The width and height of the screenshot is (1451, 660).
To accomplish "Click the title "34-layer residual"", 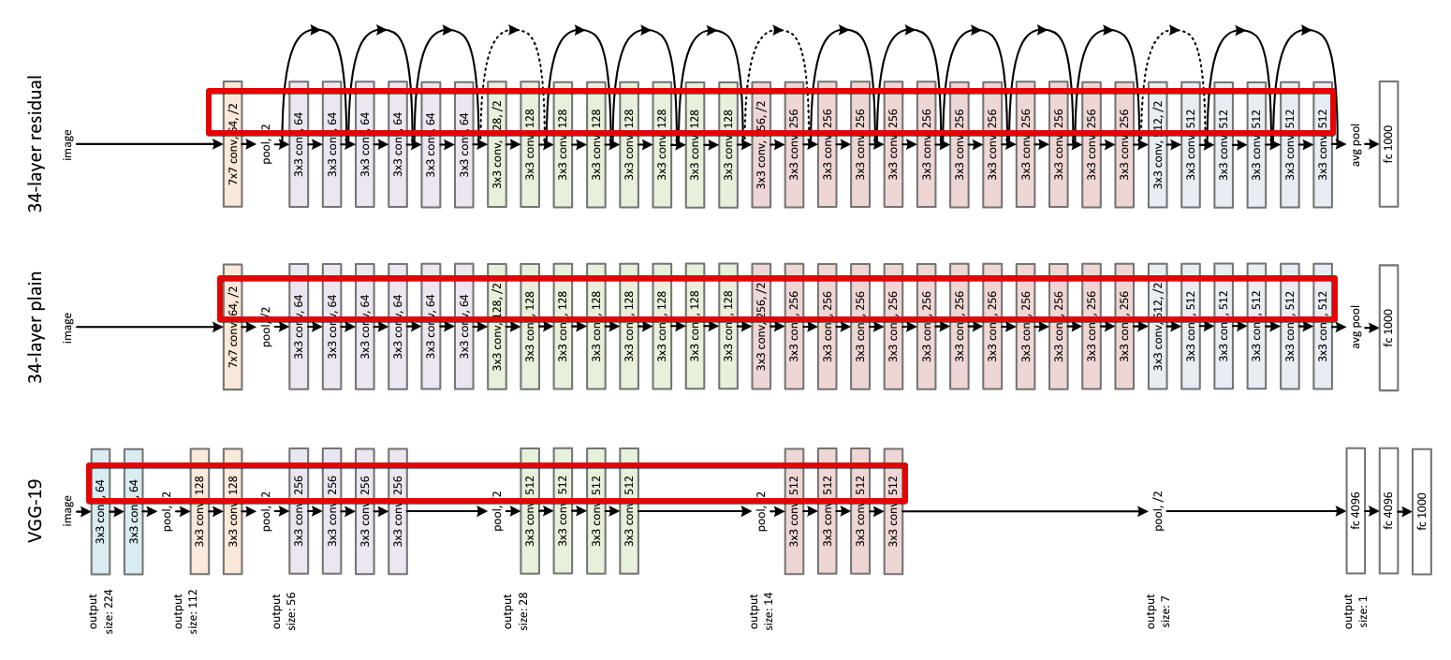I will pyautogui.click(x=37, y=144).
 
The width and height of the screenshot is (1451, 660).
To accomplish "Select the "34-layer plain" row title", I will pyautogui.click(x=37, y=328).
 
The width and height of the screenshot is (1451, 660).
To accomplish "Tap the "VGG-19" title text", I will pyautogui.click(x=37, y=511).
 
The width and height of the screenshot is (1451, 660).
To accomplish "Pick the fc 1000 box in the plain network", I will pyautogui.click(x=1387, y=327).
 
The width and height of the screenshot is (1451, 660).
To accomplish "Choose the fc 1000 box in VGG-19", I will pyautogui.click(x=1421, y=512).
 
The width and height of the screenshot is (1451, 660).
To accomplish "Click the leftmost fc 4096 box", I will pyautogui.click(x=1355, y=511).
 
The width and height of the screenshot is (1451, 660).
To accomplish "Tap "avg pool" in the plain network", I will pyautogui.click(x=1355, y=327).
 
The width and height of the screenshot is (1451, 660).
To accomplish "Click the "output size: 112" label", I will pyautogui.click(x=187, y=613).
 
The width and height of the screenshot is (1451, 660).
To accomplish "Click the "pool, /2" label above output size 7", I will pyautogui.click(x=1159, y=512).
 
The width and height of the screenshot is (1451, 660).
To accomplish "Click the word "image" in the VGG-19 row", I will pyautogui.click(x=67, y=511).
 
